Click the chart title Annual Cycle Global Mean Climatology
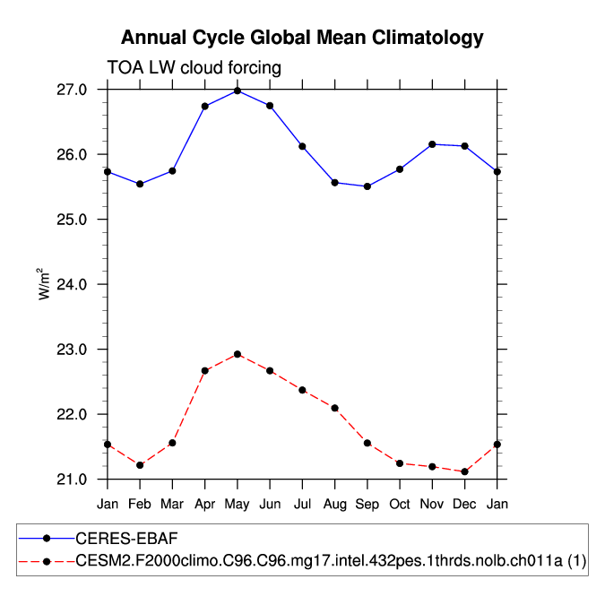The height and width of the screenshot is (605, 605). [x=302, y=38]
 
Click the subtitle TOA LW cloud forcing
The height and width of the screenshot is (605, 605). [x=194, y=67]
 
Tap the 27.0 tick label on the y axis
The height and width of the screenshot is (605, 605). [x=73, y=90]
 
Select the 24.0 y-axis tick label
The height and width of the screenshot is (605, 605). [x=73, y=284]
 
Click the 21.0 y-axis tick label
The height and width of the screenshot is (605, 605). [x=73, y=480]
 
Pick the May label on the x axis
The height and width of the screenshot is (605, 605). [x=238, y=504]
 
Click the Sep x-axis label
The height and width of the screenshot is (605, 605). [x=367, y=504]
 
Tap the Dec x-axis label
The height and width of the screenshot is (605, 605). [x=464, y=504]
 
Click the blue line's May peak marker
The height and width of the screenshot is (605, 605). [x=238, y=91]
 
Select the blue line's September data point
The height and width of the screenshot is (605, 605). [x=367, y=186]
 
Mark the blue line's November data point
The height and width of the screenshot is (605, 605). [x=432, y=144]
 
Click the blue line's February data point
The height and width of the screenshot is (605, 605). [x=140, y=184]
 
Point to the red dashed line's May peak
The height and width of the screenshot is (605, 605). [x=238, y=354]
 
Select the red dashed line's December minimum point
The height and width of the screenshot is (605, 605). [x=464, y=471]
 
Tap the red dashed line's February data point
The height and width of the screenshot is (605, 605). [x=140, y=465]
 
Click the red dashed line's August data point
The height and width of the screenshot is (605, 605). [x=334, y=408]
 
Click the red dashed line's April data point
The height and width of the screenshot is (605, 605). [x=205, y=370]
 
